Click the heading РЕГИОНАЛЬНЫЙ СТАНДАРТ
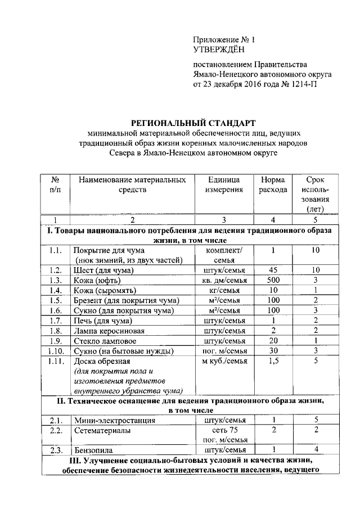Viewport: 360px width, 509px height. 193,122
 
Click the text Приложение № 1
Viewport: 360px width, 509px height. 224,40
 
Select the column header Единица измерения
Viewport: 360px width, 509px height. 223,185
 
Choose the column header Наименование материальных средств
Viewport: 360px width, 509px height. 132,185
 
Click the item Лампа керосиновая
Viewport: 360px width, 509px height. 110,331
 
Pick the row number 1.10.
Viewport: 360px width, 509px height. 55,351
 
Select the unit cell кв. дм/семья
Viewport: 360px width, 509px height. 223,280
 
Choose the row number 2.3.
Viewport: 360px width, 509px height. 55,450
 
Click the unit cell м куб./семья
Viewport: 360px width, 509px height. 223,361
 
